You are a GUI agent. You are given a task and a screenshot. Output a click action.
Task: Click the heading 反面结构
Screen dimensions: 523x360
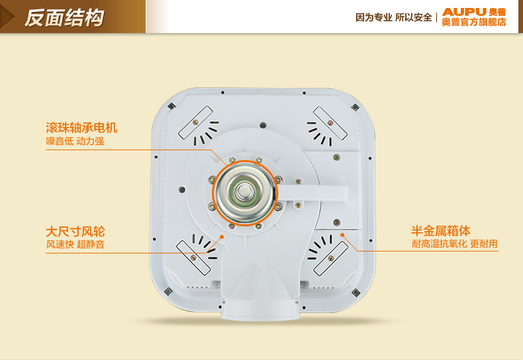64,18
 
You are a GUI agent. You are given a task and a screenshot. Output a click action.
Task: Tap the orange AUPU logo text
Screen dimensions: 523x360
464,12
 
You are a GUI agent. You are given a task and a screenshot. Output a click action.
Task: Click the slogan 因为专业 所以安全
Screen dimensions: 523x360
394,17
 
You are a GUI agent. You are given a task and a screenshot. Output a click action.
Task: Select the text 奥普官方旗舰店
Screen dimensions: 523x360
474,22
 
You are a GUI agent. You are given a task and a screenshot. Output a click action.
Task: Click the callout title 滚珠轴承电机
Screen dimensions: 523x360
81,128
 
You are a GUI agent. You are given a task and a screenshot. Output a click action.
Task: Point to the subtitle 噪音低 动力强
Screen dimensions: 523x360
75,142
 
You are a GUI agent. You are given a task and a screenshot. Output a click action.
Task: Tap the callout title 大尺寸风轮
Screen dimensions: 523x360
75,232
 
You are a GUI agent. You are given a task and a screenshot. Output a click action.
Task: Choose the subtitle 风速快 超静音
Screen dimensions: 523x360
75,244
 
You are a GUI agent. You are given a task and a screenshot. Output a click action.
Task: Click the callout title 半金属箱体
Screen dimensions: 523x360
441,231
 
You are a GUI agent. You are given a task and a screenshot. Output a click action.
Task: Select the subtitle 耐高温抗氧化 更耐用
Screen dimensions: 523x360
455,244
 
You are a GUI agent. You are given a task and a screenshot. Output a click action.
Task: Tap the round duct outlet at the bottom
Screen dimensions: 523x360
260,310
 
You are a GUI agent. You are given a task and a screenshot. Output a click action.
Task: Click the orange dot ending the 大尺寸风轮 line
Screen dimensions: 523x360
222,237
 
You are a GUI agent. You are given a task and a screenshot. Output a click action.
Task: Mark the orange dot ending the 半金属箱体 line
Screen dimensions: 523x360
342,235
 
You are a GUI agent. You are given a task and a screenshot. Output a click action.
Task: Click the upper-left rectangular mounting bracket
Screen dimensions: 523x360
195,122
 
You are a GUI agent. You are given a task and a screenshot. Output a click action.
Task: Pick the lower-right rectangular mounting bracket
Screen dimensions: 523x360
331,258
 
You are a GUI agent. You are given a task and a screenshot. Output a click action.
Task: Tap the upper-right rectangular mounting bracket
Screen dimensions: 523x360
330,123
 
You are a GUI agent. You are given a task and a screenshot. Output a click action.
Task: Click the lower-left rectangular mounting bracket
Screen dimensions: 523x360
193,257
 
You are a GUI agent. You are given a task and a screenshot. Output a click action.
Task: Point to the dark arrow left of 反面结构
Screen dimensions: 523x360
7,17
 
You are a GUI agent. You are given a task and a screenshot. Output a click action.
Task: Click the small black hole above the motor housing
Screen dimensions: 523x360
263,125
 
